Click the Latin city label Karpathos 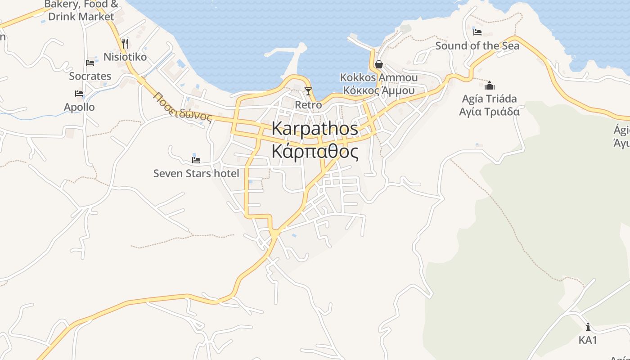(315, 129)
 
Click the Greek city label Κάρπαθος (315, 152)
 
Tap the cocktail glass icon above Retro (308, 91)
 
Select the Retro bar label (308, 105)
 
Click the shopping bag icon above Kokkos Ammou (378, 64)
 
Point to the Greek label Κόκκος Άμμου (378, 90)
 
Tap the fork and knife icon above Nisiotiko (125, 43)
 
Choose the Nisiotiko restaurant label (125, 57)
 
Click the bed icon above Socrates (90, 63)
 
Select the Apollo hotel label (79, 107)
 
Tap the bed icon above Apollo (79, 94)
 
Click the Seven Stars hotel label (196, 173)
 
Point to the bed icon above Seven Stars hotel (196, 160)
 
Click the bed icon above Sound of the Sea (477, 32)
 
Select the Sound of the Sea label (477, 46)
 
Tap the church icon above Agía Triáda (490, 85)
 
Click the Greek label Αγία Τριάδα (490, 112)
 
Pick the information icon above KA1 (588, 327)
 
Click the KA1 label (588, 340)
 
